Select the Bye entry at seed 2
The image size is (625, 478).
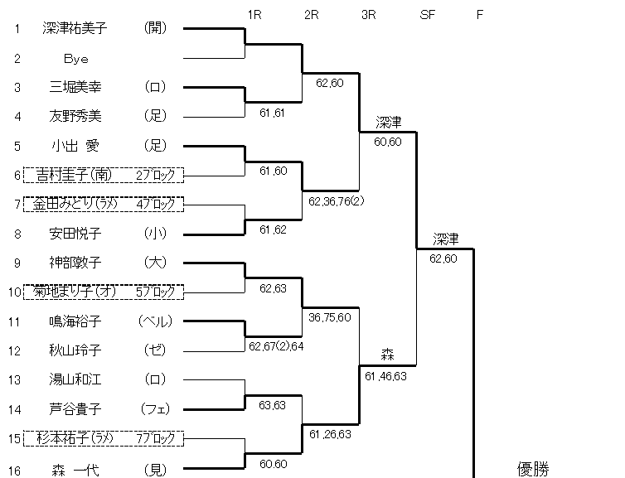75,59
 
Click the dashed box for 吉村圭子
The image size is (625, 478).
103,174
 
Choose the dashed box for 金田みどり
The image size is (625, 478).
103,204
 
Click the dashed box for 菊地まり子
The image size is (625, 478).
103,292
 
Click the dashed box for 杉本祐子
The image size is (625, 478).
103,437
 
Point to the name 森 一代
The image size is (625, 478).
75,470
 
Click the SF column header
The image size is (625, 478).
428,14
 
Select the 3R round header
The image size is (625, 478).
369,14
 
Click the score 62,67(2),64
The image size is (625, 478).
276,346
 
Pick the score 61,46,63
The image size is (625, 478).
385,375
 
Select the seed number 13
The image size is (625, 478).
17,379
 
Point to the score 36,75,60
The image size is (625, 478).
329,317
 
